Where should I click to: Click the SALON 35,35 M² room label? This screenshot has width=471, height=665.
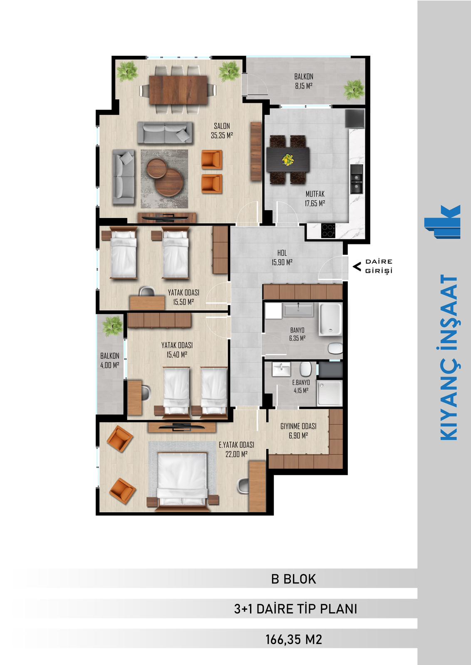222,131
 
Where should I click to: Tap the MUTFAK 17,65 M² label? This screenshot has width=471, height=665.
315,199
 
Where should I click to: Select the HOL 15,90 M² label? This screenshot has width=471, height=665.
282,257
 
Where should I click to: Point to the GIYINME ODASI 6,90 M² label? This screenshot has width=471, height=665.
298,431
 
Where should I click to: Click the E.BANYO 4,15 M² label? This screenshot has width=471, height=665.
301,387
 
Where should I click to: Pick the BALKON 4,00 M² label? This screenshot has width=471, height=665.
110,360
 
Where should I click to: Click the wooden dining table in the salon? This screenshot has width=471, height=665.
178,90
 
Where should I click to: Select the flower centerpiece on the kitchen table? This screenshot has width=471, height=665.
288,160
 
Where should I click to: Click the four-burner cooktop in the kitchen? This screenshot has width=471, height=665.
328,230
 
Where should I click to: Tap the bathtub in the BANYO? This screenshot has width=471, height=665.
331,320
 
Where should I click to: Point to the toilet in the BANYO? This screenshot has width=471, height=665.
335,348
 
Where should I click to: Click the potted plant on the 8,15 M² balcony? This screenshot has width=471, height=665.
354,90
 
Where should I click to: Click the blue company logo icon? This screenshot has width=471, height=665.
442,222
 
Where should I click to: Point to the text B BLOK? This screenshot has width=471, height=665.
293,579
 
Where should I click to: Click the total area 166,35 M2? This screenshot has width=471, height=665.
294,640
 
